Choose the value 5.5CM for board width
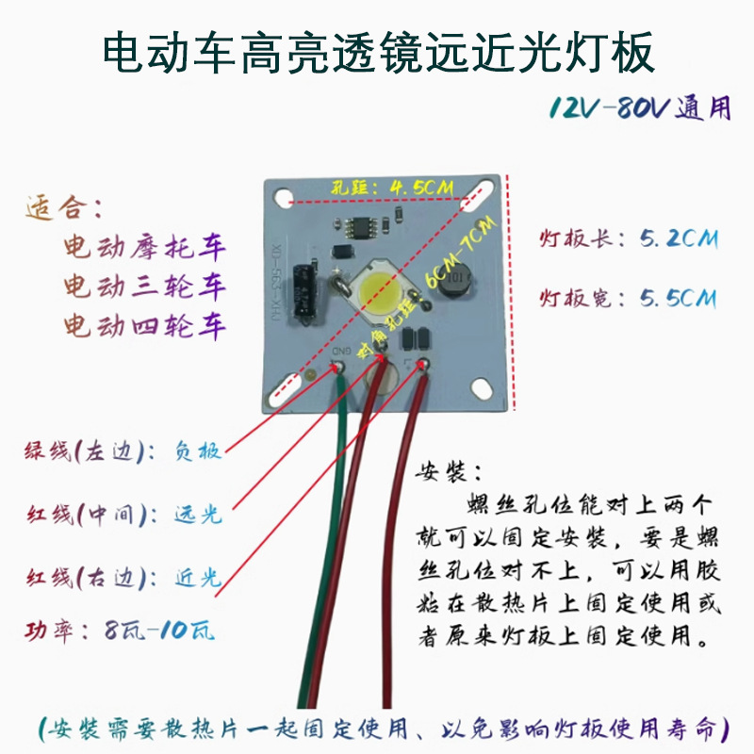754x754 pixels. click(678, 299)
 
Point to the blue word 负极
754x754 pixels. click(198, 451)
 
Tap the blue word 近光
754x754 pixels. click(198, 577)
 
